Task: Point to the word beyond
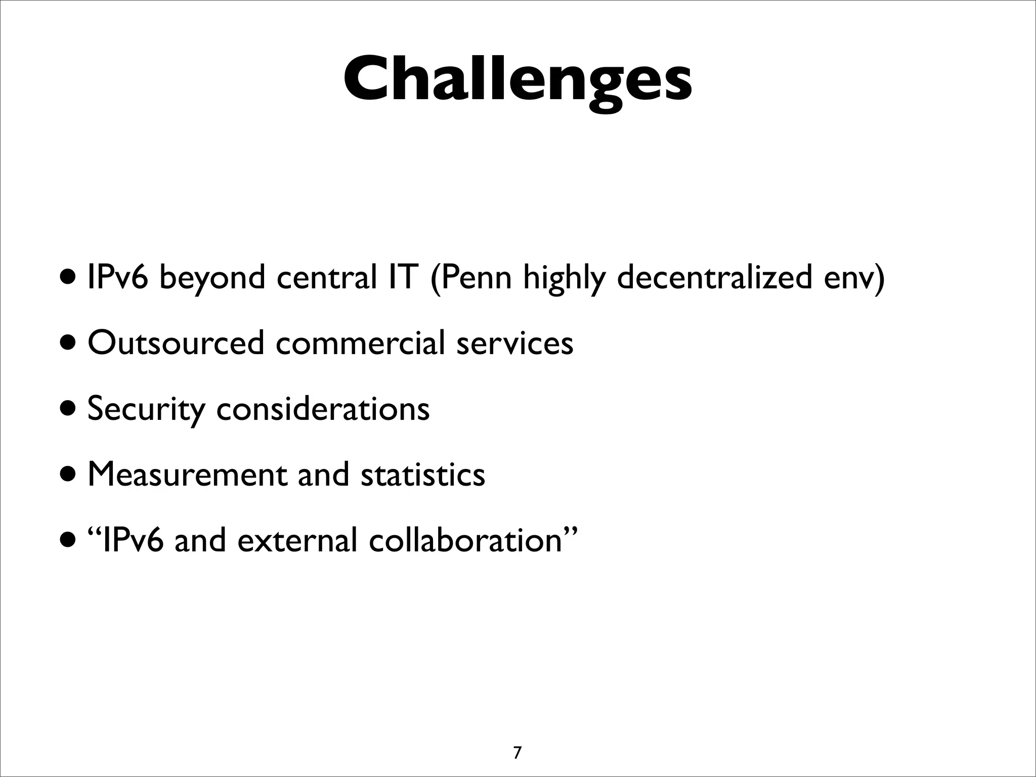(212, 279)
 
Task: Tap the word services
(514, 342)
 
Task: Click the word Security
(146, 409)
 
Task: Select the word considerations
(323, 408)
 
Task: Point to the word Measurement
(186, 474)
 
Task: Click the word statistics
(422, 474)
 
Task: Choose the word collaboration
(465, 540)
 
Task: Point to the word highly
(564, 279)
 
